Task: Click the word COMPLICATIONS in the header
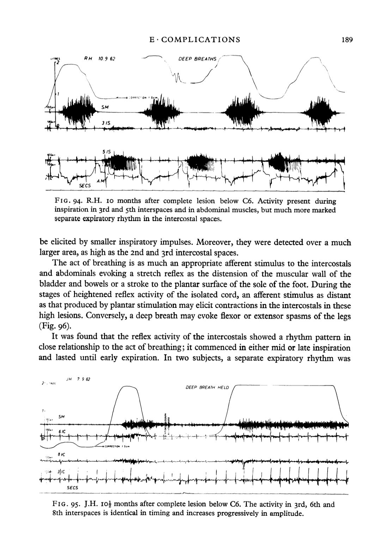point(200,39)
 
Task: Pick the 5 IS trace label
point(106,152)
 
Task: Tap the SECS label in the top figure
point(84,185)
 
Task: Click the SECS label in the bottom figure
point(72,488)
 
